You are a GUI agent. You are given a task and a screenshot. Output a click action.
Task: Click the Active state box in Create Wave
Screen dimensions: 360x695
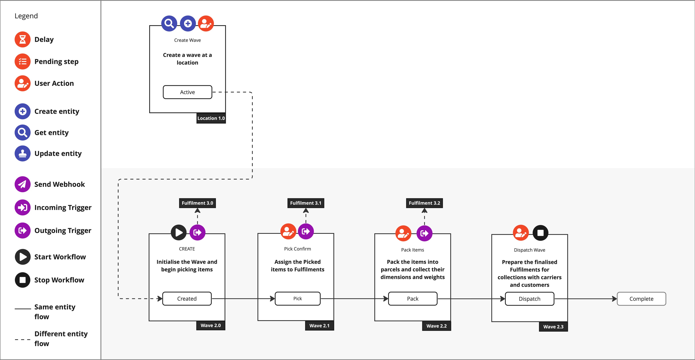[187, 92]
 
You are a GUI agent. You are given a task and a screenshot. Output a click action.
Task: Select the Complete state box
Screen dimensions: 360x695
[641, 299]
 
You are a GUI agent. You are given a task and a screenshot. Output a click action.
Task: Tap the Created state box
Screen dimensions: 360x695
[187, 298]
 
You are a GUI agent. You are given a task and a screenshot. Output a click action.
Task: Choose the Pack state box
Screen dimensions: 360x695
[412, 298]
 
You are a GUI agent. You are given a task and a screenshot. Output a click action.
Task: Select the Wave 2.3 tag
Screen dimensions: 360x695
[553, 326]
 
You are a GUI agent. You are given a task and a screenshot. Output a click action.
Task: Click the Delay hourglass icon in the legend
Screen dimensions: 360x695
[22, 39]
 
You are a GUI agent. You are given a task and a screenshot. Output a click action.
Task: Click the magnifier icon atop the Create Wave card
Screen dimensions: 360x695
[169, 24]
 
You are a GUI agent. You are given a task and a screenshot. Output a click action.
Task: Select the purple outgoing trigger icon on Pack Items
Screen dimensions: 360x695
[424, 233]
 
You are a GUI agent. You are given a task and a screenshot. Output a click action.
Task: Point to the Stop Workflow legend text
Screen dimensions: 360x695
[59, 280]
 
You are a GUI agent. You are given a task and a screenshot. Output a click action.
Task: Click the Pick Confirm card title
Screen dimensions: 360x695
[297, 249]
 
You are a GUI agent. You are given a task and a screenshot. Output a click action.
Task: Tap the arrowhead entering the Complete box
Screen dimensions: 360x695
[614, 299]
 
